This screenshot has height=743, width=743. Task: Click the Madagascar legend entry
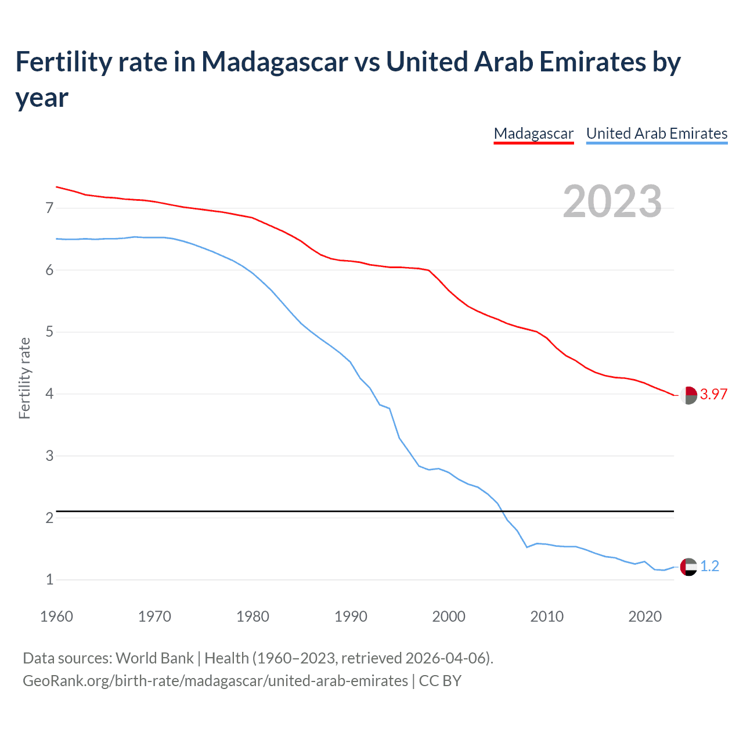click(x=533, y=134)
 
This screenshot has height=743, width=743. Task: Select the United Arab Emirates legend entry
click(x=657, y=134)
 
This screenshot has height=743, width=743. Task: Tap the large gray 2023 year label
click(x=612, y=201)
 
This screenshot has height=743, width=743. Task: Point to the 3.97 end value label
click(x=713, y=394)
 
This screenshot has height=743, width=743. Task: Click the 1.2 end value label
click(x=709, y=566)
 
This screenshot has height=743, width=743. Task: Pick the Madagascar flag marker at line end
click(x=688, y=395)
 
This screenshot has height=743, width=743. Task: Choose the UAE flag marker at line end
click(x=688, y=567)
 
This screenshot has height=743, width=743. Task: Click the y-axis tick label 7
click(x=49, y=208)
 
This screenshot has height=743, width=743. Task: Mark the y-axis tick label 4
click(x=49, y=394)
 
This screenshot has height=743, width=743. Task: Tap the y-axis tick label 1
click(x=49, y=580)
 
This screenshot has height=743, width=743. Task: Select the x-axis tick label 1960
click(x=56, y=616)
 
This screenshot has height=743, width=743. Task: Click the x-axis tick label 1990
click(x=351, y=616)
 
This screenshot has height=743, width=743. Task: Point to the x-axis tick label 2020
click(x=645, y=616)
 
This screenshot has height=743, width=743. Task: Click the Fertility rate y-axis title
click(x=24, y=378)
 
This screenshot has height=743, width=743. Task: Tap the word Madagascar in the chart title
click(x=275, y=62)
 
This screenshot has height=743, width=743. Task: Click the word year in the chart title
click(x=42, y=98)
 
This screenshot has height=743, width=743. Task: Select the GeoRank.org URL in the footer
click(x=215, y=680)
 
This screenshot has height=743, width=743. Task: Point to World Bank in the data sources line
click(x=154, y=658)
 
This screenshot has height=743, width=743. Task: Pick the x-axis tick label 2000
click(x=449, y=616)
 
